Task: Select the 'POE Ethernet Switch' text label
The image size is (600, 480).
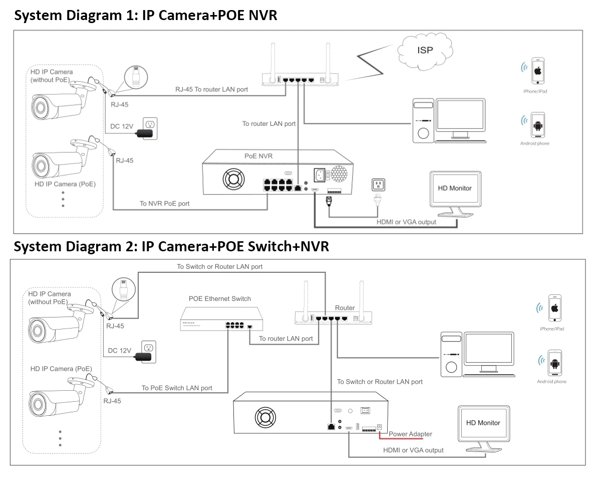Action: point(220,299)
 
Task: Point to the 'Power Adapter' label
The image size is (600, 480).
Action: point(410,434)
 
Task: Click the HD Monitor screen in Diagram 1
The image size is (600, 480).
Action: point(455,189)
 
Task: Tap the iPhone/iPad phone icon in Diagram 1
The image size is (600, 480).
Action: point(538,71)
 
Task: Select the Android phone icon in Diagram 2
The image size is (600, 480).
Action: point(554,363)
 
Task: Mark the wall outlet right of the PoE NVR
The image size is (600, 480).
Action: point(377,185)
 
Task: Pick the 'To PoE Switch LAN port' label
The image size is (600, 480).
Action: point(177,388)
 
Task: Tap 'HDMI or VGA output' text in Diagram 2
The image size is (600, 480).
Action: point(413,450)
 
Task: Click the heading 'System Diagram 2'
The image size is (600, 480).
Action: point(75,246)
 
